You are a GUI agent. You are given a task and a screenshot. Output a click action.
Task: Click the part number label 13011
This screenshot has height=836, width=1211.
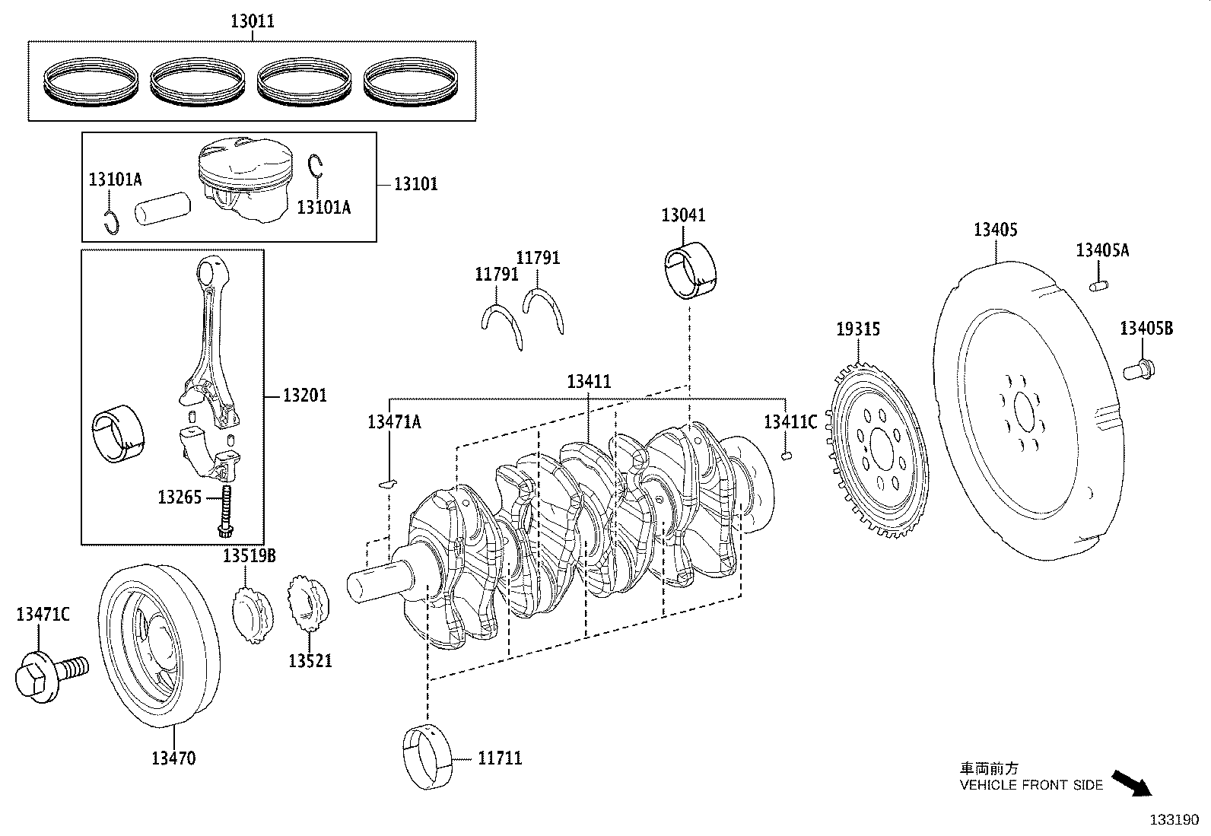[252, 21]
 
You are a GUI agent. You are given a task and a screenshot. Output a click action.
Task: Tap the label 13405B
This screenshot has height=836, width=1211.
[1146, 329]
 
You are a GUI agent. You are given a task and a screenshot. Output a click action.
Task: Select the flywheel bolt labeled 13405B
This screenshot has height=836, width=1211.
[1139, 370]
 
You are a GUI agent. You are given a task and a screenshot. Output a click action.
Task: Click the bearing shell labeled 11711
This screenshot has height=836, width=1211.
[427, 758]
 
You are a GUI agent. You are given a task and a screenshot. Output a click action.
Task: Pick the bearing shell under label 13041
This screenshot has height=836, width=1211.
[691, 270]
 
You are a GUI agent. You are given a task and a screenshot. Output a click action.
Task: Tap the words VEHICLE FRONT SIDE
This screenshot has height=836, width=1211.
[1031, 785]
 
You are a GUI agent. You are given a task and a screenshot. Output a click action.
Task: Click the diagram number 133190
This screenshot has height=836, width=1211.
[1174, 820]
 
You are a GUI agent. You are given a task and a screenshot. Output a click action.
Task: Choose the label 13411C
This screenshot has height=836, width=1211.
[790, 421]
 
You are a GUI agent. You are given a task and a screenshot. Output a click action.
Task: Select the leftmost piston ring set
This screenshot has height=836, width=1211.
[92, 80]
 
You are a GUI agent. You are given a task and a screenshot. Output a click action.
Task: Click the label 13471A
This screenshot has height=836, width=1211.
[393, 421]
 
